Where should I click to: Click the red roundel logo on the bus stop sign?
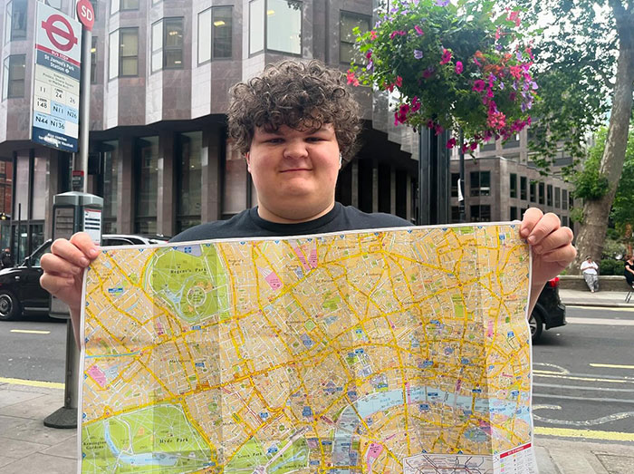point(59,32)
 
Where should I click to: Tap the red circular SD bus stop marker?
point(85,13)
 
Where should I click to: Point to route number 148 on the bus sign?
point(41,105)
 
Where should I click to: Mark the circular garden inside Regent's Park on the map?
point(197,295)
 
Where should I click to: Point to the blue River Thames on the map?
point(426,397)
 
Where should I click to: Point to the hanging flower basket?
point(444,68)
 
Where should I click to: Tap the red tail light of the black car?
point(554,283)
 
